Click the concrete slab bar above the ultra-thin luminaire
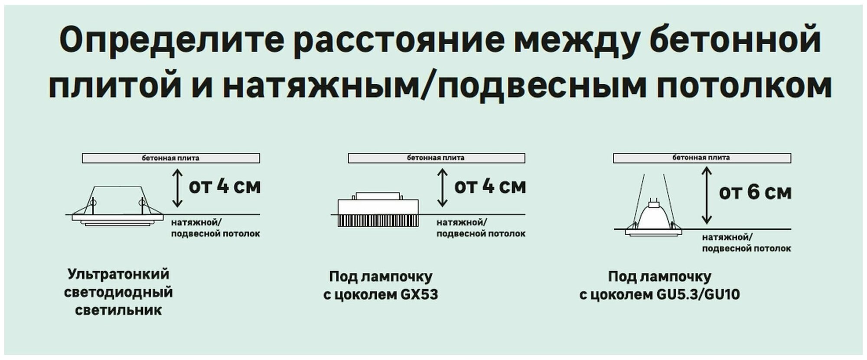click(x=171, y=158)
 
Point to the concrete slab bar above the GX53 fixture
click(x=436, y=158)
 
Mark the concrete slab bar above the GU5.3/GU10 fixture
click(x=701, y=158)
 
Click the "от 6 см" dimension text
click(x=755, y=192)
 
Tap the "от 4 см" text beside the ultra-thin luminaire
click(x=225, y=187)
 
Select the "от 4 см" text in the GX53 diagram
click(x=490, y=187)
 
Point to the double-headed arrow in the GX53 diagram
click(x=442, y=187)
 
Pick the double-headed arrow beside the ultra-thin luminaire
click(x=177, y=187)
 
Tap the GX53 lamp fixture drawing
click(x=378, y=210)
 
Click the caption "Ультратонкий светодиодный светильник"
click(x=118, y=292)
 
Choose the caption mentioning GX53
click(x=381, y=285)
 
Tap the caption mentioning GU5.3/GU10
click(x=660, y=285)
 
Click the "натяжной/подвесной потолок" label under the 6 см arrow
click(x=746, y=243)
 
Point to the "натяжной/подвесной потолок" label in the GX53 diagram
click(x=481, y=228)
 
